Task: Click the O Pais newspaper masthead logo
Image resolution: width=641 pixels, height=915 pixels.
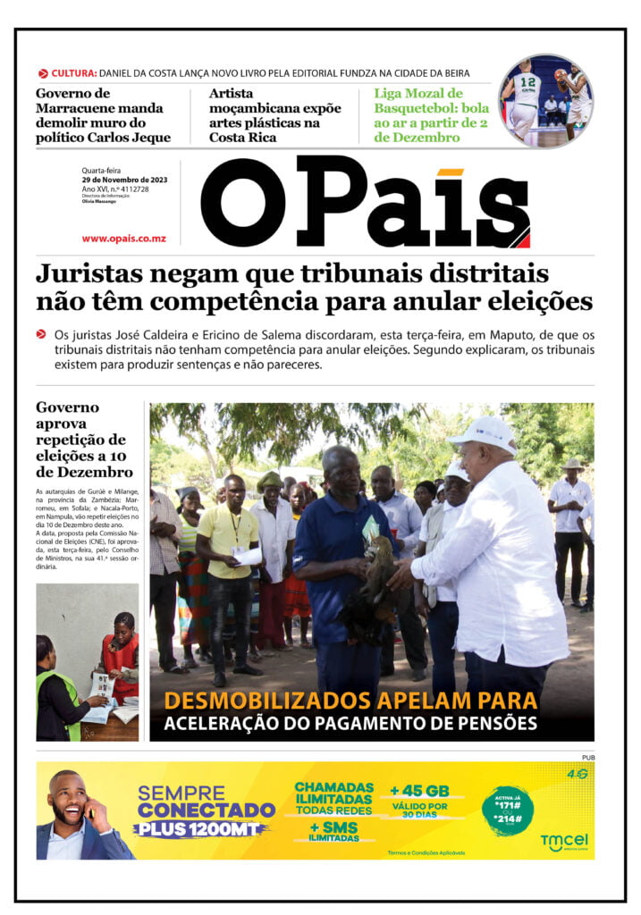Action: click(x=365, y=203)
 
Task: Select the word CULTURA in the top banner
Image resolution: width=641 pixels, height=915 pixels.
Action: click(x=73, y=73)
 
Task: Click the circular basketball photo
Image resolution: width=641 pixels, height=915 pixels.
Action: click(x=545, y=100)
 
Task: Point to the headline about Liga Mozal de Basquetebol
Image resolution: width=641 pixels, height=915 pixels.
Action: click(x=431, y=115)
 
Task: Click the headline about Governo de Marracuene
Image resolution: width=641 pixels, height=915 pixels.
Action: click(x=103, y=115)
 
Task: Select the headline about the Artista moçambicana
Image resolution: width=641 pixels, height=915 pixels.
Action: click(x=274, y=115)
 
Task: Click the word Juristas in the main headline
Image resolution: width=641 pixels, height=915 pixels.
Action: click(x=86, y=273)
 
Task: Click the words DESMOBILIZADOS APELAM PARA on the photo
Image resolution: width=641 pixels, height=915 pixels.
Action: click(x=350, y=700)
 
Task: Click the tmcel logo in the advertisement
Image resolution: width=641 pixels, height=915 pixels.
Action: click(x=563, y=843)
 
